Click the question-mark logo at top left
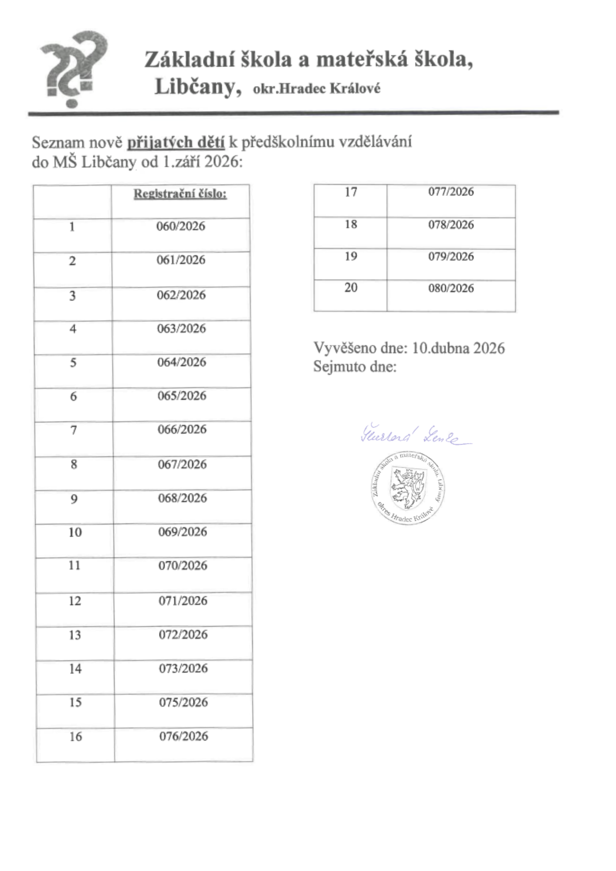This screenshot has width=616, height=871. [x=73, y=69]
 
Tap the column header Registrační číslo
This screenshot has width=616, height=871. [x=180, y=194]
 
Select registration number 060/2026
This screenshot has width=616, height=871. [x=181, y=226]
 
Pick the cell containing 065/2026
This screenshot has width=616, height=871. [x=182, y=396]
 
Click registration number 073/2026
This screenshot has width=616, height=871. [x=183, y=668]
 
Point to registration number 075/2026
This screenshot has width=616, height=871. [x=183, y=702]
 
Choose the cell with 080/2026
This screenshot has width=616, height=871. [x=451, y=288]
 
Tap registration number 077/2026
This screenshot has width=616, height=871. [x=451, y=192]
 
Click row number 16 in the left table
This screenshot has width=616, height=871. [x=75, y=737]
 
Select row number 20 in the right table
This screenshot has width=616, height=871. [x=351, y=288]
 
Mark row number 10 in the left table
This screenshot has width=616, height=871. [x=75, y=532]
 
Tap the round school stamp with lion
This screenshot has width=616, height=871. [x=408, y=488]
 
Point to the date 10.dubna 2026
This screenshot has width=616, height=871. [x=458, y=348]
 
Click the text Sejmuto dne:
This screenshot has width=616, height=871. [x=355, y=367]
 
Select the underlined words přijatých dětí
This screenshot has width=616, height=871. [x=176, y=143]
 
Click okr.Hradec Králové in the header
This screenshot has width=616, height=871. [x=317, y=89]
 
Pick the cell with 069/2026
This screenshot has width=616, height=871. [x=183, y=532]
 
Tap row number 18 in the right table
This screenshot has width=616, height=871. [x=351, y=225]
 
